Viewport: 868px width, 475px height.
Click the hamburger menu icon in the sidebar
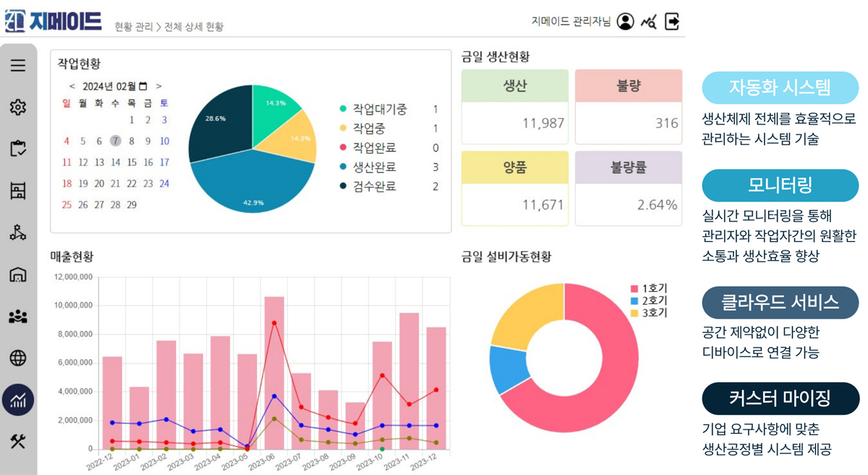pyautogui.click(x=18, y=65)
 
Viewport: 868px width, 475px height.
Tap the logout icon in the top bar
pyautogui.click(x=672, y=22)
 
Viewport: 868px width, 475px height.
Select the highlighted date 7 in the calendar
pyautogui.click(x=115, y=141)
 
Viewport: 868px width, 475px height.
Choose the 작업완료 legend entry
pyautogui.click(x=374, y=148)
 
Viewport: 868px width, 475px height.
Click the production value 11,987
pyautogui.click(x=542, y=123)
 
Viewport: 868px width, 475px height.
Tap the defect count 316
pyautogui.click(x=666, y=123)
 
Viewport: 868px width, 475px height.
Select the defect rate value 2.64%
pyautogui.click(x=657, y=205)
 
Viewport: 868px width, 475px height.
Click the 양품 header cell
pyautogui.click(x=514, y=167)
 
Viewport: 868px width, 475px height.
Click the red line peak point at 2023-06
pyautogui.click(x=274, y=323)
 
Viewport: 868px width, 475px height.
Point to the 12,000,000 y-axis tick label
pyautogui.click(x=72, y=277)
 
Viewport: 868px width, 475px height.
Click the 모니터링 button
pyautogui.click(x=780, y=185)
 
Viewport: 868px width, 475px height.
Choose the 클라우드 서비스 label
pyautogui.click(x=780, y=303)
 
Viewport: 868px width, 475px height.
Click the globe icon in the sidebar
pyautogui.click(x=18, y=358)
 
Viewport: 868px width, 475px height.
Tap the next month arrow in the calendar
pyautogui.click(x=159, y=86)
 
